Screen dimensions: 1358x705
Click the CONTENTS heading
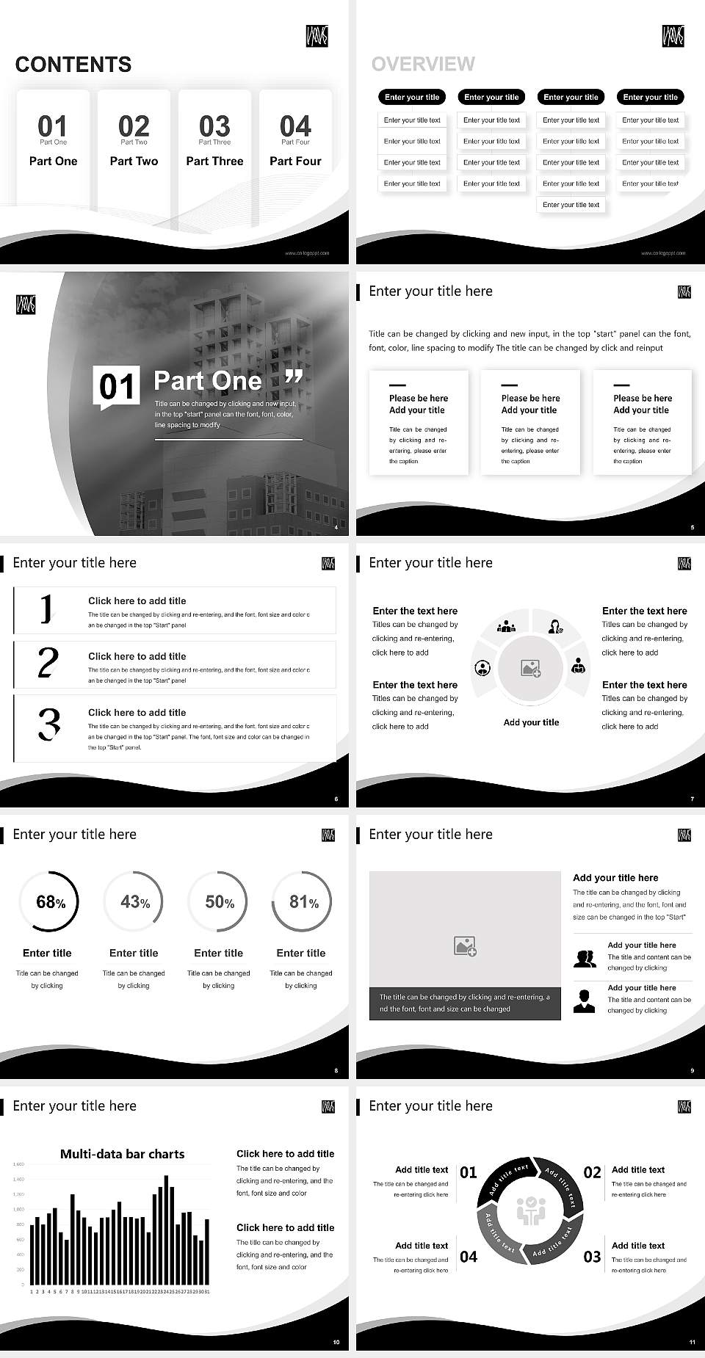click(x=73, y=65)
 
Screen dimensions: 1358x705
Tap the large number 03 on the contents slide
click(x=214, y=126)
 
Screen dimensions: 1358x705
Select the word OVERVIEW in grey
click(x=423, y=64)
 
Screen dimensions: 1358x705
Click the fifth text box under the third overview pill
click(x=571, y=205)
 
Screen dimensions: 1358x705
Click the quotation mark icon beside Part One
click(x=293, y=377)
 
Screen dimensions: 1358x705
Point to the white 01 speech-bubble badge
click(x=117, y=386)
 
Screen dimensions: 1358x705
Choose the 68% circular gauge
click(x=48, y=901)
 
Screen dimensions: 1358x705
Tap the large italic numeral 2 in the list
click(x=48, y=663)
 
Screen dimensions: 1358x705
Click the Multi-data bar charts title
click(x=122, y=1154)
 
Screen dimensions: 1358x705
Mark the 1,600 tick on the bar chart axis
click(x=18, y=1164)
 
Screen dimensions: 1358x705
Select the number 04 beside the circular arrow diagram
click(x=469, y=1257)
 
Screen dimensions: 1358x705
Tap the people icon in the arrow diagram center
click(x=530, y=1210)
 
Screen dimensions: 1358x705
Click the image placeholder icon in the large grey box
click(x=465, y=946)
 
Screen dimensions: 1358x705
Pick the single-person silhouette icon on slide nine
click(x=584, y=1001)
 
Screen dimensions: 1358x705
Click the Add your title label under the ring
click(x=531, y=722)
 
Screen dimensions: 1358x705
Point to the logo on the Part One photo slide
click(x=26, y=305)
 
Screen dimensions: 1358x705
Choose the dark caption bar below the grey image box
click(x=465, y=1003)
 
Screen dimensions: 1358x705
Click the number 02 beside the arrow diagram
click(x=592, y=1172)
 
